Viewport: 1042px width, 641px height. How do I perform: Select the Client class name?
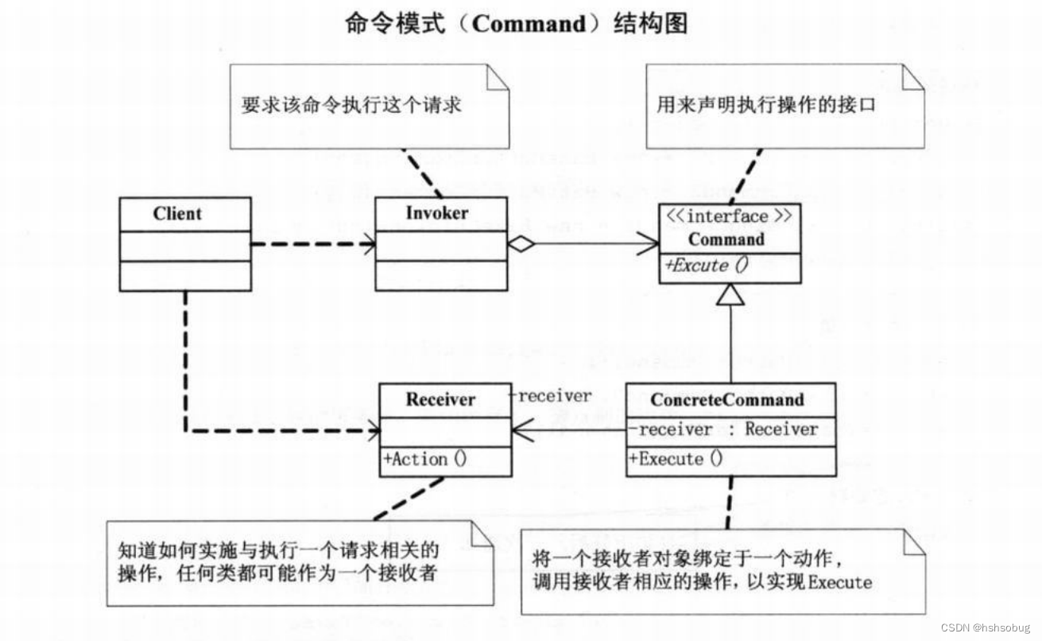coord(177,214)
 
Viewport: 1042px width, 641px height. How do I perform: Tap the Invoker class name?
coord(436,213)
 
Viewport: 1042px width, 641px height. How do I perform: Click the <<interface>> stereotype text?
coord(728,217)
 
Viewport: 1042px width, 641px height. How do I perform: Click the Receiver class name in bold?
coord(440,399)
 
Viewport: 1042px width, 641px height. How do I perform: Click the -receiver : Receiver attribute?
coord(724,429)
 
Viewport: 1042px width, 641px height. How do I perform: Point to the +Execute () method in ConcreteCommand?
coord(676,459)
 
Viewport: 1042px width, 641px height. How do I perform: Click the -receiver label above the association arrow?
coord(550,396)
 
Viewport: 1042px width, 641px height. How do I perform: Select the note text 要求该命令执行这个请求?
coord(351,105)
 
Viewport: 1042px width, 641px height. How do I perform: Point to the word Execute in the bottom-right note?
coord(840,582)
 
